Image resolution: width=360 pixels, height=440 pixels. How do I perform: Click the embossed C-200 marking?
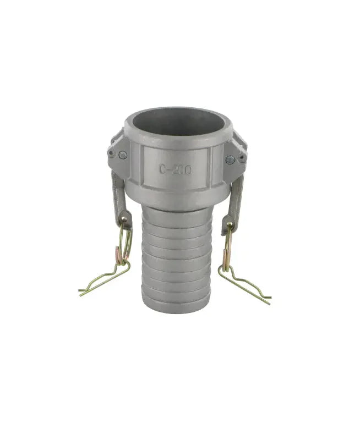[x=176, y=169]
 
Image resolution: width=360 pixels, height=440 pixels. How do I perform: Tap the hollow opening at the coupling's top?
[x=176, y=122]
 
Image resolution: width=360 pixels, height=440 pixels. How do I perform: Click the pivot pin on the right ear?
[x=229, y=160]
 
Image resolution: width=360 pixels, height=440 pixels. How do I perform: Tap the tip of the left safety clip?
[x=80, y=291]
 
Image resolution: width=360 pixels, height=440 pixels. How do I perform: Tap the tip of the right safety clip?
[x=270, y=302]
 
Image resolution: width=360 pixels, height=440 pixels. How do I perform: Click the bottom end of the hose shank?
[x=176, y=305]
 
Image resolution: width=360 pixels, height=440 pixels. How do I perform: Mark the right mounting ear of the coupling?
[x=236, y=154]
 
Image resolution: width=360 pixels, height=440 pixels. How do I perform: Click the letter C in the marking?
[x=163, y=169]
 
